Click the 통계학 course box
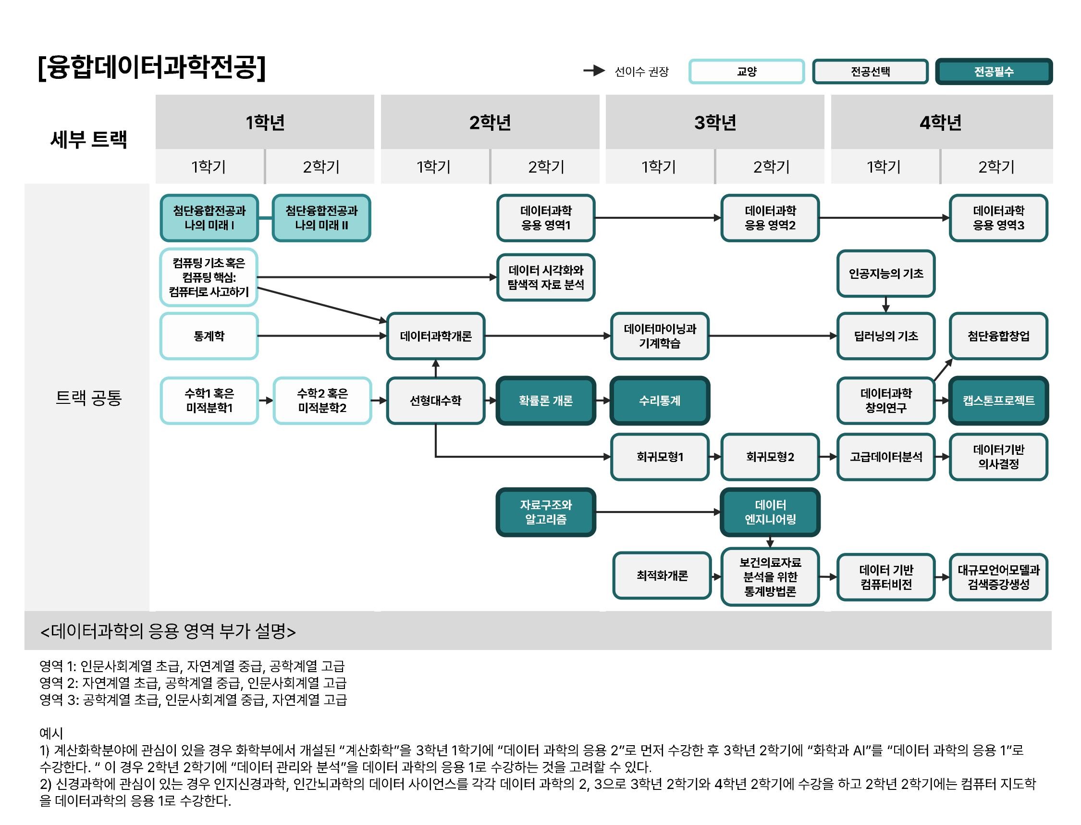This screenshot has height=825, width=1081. coord(209,336)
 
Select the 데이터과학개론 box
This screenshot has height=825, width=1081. coord(436,336)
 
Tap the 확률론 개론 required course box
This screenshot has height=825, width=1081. coord(546,400)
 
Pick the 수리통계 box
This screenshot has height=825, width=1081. coord(660,400)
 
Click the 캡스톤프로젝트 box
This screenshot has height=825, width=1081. coord(998,400)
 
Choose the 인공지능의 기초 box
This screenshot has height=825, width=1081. coord(886,274)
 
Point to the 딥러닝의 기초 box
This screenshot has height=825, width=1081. coord(886,336)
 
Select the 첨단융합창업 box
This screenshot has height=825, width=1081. coord(998,336)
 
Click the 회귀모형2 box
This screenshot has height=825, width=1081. coord(770,457)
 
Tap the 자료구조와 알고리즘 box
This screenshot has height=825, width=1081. coord(546,512)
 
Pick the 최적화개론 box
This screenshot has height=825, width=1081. coord(662,575)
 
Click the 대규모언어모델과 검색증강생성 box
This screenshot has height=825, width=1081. coord(998,577)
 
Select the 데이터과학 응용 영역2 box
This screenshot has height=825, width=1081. coord(770,217)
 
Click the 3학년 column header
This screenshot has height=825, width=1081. coord(715,122)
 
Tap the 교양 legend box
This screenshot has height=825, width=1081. coord(746,72)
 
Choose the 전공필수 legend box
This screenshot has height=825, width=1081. coord(994,72)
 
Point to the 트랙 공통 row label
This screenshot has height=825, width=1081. coord(88,397)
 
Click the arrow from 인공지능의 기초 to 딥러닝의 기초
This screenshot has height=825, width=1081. coord(886,304)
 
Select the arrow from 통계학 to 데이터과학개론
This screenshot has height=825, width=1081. coord(322,336)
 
